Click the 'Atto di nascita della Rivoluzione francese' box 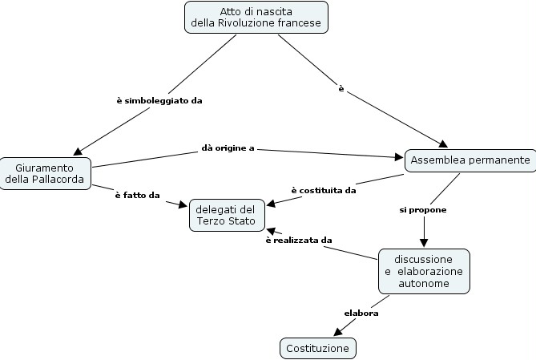pos(256,17)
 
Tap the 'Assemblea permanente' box pos(470,160)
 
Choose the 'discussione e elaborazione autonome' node pos(423,271)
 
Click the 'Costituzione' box pos(317,348)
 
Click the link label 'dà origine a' pos(228,148)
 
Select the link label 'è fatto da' pos(137,195)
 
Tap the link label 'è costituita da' pos(323,190)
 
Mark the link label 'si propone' pos(423,209)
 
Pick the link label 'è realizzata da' pos(299,240)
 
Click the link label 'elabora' pos(361,313)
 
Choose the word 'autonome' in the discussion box pos(423,283)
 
